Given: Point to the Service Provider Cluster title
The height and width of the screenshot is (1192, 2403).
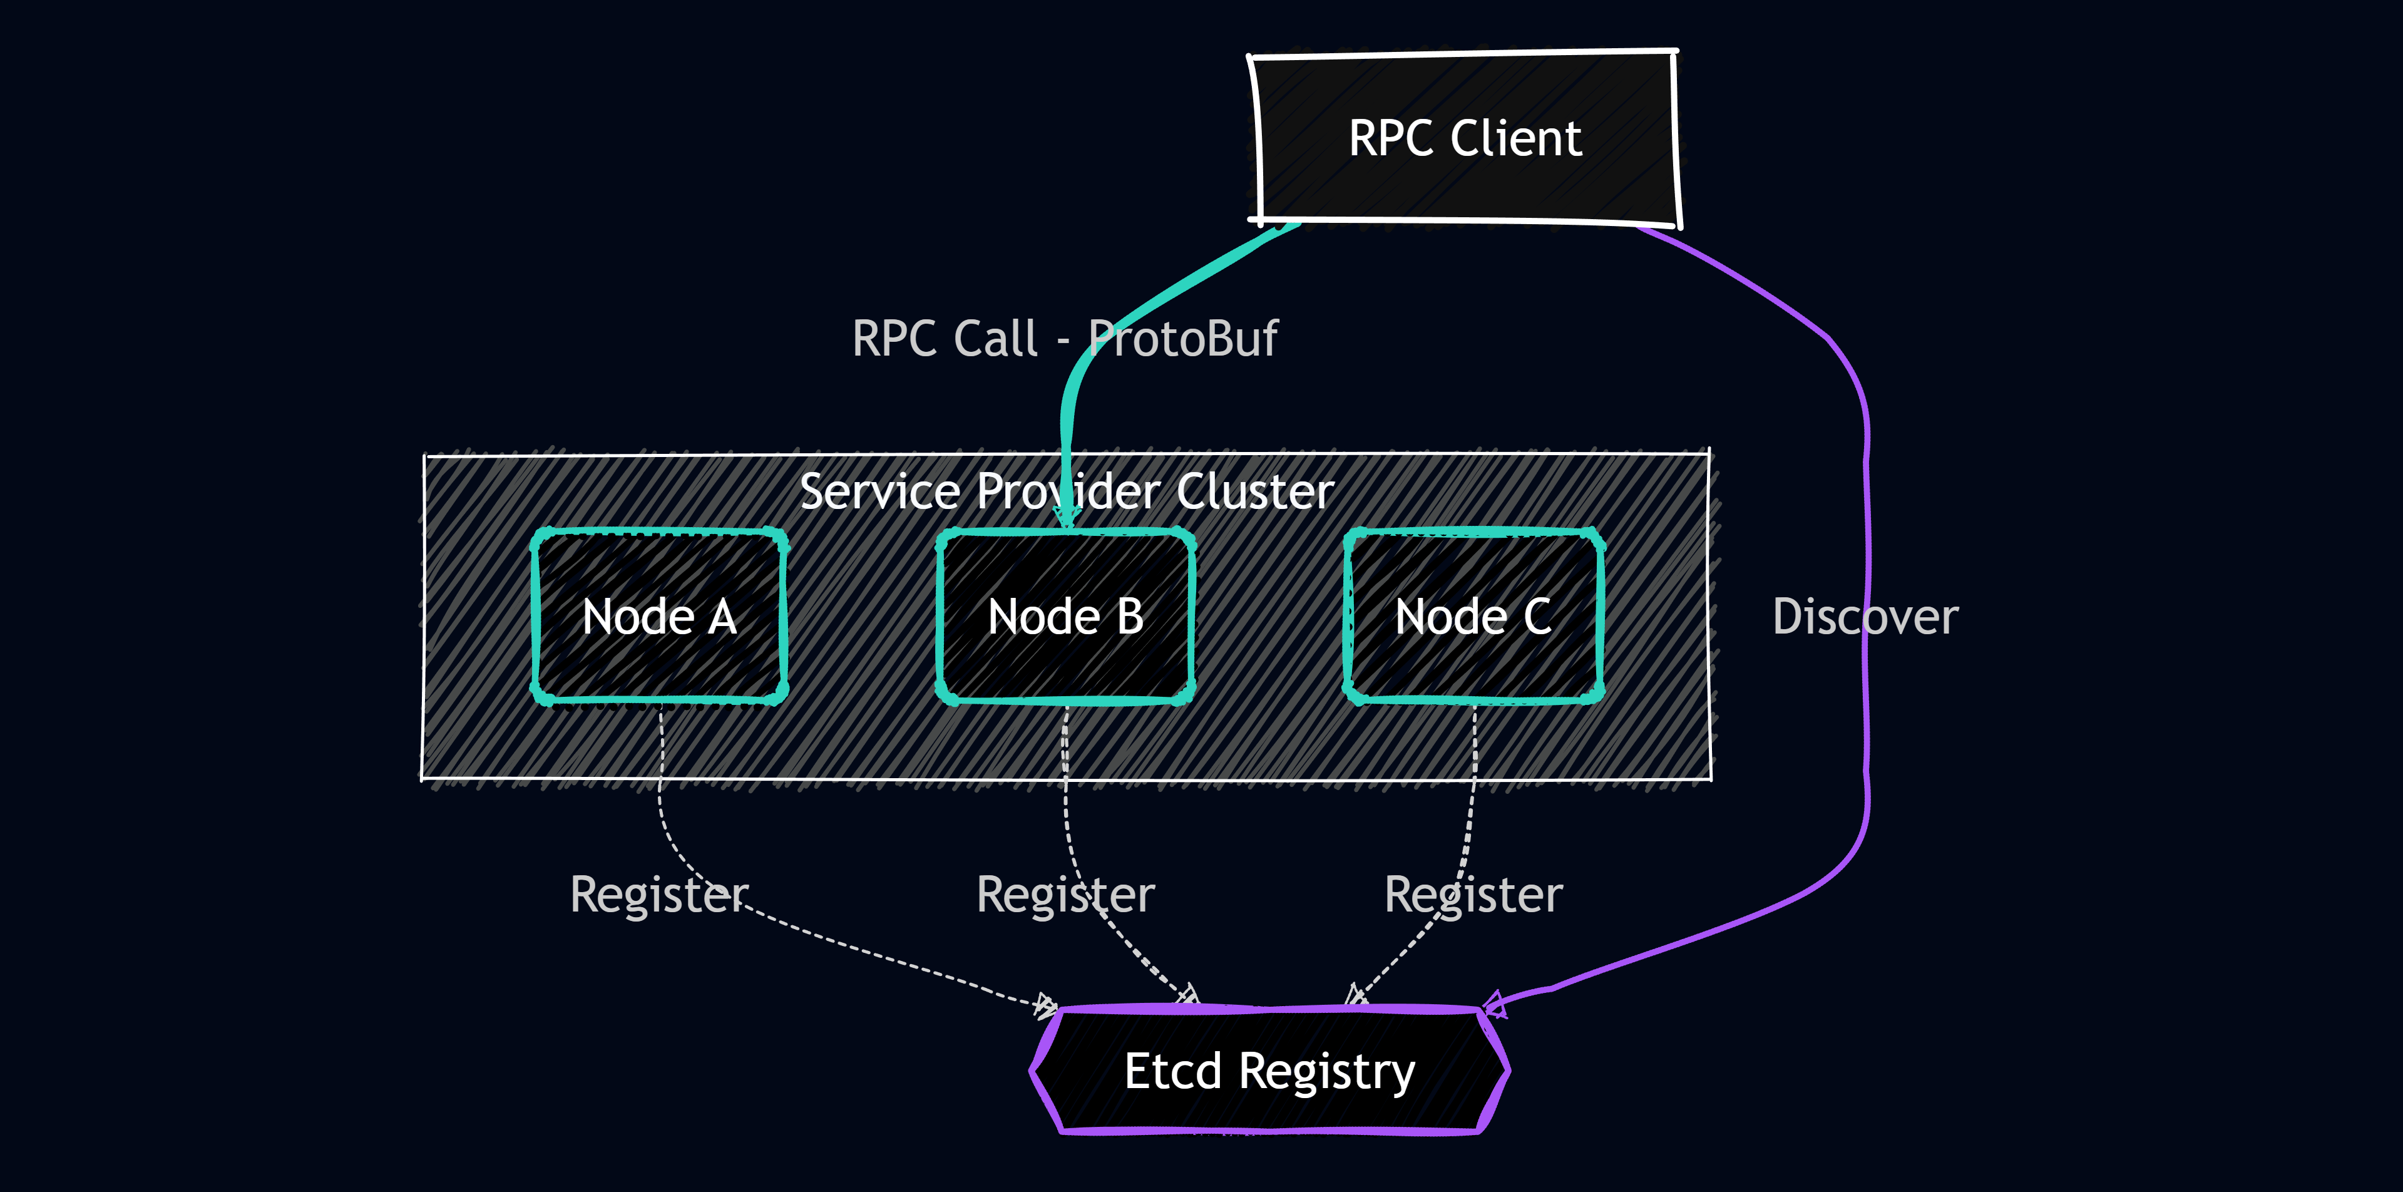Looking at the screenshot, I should coord(1066,491).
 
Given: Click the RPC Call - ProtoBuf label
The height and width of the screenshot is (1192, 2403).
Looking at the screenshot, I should coord(1064,339).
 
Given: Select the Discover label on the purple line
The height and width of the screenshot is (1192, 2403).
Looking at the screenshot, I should coord(1865,617).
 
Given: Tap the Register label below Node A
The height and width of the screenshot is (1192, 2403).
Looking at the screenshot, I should coord(658,895).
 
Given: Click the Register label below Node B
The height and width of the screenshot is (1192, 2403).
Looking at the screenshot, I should coord(1065,895).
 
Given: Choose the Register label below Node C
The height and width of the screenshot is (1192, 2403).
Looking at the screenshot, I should coord(1473,895).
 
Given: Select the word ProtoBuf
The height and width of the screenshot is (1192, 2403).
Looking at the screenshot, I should coord(1183,339).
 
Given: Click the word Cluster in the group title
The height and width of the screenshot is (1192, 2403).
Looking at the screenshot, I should coord(1254,491).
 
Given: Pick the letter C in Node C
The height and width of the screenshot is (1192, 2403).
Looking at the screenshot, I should coord(1537,617).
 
